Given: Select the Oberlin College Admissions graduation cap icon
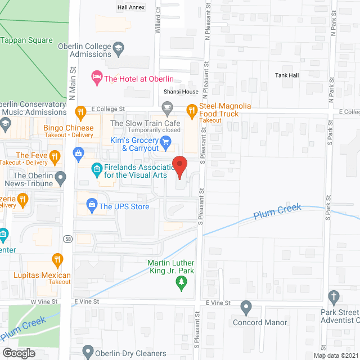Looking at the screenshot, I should (x=119, y=49).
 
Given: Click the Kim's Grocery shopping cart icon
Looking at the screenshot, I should (x=166, y=143).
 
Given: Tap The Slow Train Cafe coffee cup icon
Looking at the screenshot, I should (x=167, y=107).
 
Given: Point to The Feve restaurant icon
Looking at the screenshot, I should (x=55, y=156).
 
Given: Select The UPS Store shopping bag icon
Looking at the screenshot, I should (x=91, y=206).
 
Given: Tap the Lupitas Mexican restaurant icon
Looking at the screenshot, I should (x=57, y=259).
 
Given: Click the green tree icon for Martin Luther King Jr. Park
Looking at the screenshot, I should (x=181, y=285).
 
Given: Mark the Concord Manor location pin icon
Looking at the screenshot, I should (x=246, y=307).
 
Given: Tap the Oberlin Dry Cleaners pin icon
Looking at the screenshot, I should (x=87, y=352).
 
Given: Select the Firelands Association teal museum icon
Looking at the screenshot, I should (x=96, y=168).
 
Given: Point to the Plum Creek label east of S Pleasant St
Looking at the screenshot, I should (x=277, y=211).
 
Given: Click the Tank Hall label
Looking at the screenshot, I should (x=287, y=75).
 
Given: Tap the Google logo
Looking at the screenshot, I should (x=19, y=353).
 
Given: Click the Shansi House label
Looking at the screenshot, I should (x=181, y=92).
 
